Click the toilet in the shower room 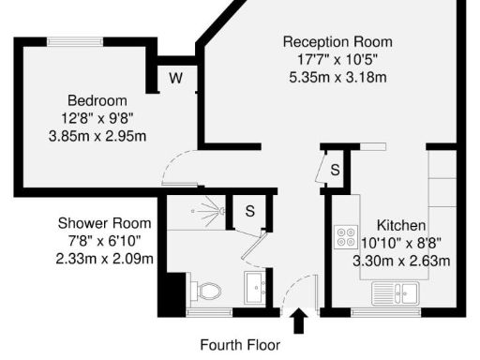pyautogui.click(x=207, y=290)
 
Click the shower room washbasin pyautogui.click(x=255, y=287)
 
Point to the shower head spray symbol pyautogui.click(x=222, y=212)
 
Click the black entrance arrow pyautogui.click(x=299, y=322)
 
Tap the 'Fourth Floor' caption pyautogui.click(x=240, y=344)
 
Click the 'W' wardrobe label pyautogui.click(x=175, y=78)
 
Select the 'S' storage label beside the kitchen pyautogui.click(x=334, y=170)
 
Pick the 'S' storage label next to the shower pyautogui.click(x=249, y=211)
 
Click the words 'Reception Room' pyautogui.click(x=337, y=42)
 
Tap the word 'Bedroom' pyautogui.click(x=97, y=101)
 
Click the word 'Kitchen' pyautogui.click(x=401, y=225)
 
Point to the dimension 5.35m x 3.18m pyautogui.click(x=337, y=76)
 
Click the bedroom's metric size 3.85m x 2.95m pyautogui.click(x=97, y=135)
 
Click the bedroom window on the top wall pyautogui.click(x=78, y=40)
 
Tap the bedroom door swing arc pyautogui.click(x=176, y=169)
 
